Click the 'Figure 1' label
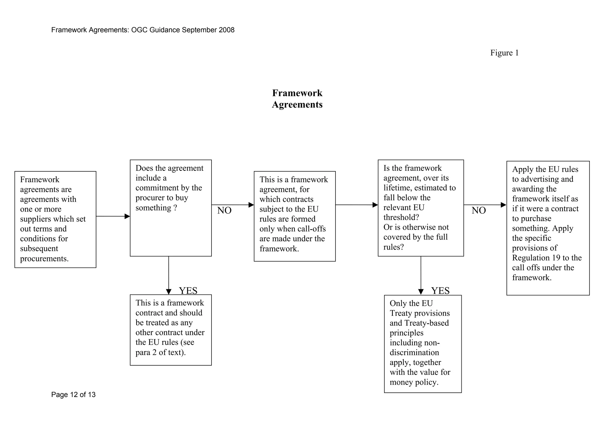tap(504, 53)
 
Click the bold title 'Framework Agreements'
tap(297, 99)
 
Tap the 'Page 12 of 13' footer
tap(73, 395)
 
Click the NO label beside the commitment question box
tap(224, 210)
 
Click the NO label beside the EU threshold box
tap(479, 210)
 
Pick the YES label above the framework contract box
tap(188, 291)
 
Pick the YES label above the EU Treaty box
tap(440, 291)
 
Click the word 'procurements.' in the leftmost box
tap(44, 259)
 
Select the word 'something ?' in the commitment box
tap(156, 208)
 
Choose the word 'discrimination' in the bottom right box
tap(414, 353)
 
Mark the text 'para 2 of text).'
tap(161, 352)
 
